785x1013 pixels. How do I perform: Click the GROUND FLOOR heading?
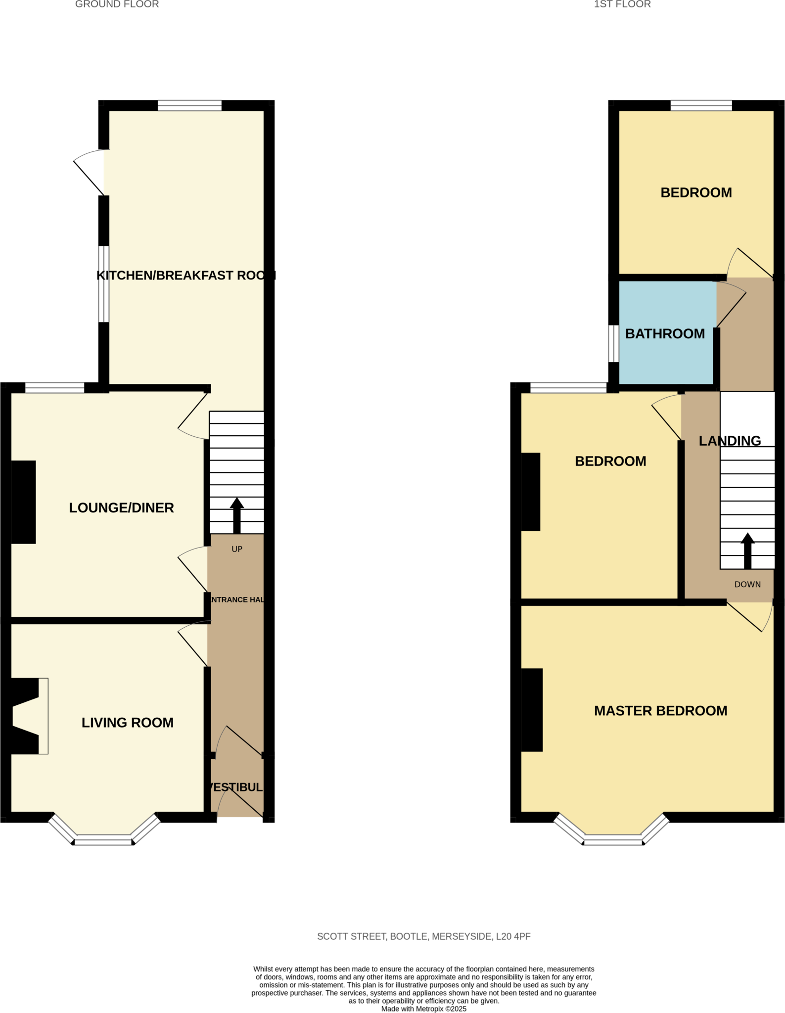click(x=117, y=4)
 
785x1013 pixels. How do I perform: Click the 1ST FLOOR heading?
click(x=622, y=4)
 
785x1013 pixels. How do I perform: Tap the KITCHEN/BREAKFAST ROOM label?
click(x=185, y=276)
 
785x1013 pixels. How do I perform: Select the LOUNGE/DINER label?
click(x=121, y=508)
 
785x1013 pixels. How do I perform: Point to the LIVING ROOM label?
click(x=128, y=723)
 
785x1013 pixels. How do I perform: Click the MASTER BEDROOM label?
click(x=660, y=711)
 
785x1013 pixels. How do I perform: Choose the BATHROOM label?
click(x=665, y=334)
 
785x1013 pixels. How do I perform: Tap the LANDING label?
click(x=730, y=441)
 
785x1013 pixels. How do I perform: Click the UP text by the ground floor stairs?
click(x=237, y=549)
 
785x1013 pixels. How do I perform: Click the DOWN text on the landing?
click(x=747, y=585)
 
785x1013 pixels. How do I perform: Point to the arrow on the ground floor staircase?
click(x=237, y=514)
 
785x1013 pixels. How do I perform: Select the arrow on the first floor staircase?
click(x=747, y=550)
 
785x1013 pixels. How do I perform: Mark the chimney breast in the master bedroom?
click(x=532, y=710)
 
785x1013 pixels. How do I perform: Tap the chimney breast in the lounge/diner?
click(x=23, y=502)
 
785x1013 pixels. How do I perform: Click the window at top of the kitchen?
click(x=189, y=105)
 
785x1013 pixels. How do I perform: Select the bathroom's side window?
click(x=613, y=343)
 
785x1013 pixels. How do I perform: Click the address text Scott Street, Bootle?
click(x=423, y=936)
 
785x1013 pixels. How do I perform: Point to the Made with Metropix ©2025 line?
click(x=423, y=1009)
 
